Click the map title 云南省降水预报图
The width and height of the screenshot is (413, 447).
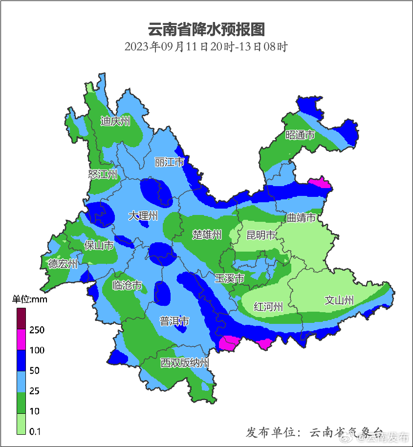pos(206,29)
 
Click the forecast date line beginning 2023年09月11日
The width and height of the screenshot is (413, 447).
pos(206,47)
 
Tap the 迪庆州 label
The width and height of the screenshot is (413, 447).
pos(115,121)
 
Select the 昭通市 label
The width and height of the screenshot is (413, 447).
pos(300,135)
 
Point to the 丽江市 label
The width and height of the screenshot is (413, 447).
pos(169,162)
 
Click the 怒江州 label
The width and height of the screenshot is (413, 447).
pos(103,174)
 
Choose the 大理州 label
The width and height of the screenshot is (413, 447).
pos(143,215)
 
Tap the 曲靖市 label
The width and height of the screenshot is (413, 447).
pos(301,218)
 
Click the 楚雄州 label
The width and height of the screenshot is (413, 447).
pos(207,235)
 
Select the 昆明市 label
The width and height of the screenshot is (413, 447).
pos(261,235)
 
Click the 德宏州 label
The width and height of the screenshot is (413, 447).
pos(63,264)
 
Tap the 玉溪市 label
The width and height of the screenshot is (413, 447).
pos(229,278)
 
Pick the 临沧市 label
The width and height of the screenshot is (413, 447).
pos(127,285)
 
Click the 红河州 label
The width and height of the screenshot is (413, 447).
pos(268,307)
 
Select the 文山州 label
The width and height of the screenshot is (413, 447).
pos(339,300)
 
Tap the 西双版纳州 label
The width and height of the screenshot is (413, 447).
pos(185,362)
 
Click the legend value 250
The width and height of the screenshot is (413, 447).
pos(37,330)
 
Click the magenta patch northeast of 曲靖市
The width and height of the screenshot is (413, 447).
pos(320,183)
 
